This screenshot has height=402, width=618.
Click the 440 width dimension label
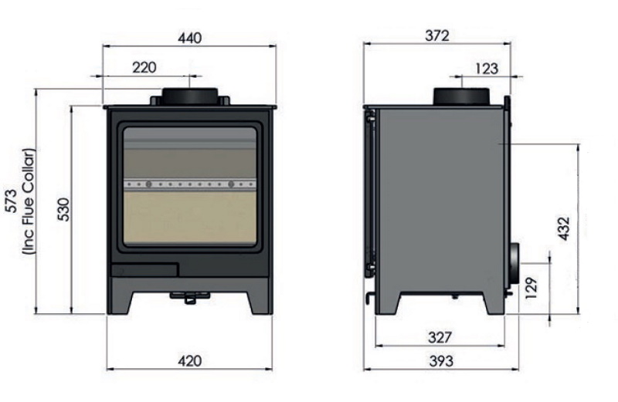[189, 38]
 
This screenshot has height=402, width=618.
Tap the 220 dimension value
[144, 68]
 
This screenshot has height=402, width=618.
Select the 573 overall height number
[12, 201]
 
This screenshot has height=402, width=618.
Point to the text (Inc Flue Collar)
[29, 201]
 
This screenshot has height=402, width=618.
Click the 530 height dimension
[63, 209]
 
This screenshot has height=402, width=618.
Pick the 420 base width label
[189, 360]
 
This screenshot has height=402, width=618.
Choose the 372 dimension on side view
[437, 35]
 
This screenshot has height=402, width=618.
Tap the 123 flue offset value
[487, 69]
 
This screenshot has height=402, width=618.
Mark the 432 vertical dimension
[564, 228]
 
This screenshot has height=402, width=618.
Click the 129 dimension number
[531, 288]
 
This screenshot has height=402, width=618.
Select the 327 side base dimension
[440, 337]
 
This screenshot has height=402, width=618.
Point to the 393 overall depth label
[441, 360]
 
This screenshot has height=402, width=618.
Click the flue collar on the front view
[189, 96]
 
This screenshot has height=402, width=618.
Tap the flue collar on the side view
[462, 96]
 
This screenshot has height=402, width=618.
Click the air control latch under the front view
[189, 297]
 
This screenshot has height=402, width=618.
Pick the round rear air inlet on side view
[514, 264]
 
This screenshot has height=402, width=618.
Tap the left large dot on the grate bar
[148, 184]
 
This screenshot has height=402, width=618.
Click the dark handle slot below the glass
[144, 270]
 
